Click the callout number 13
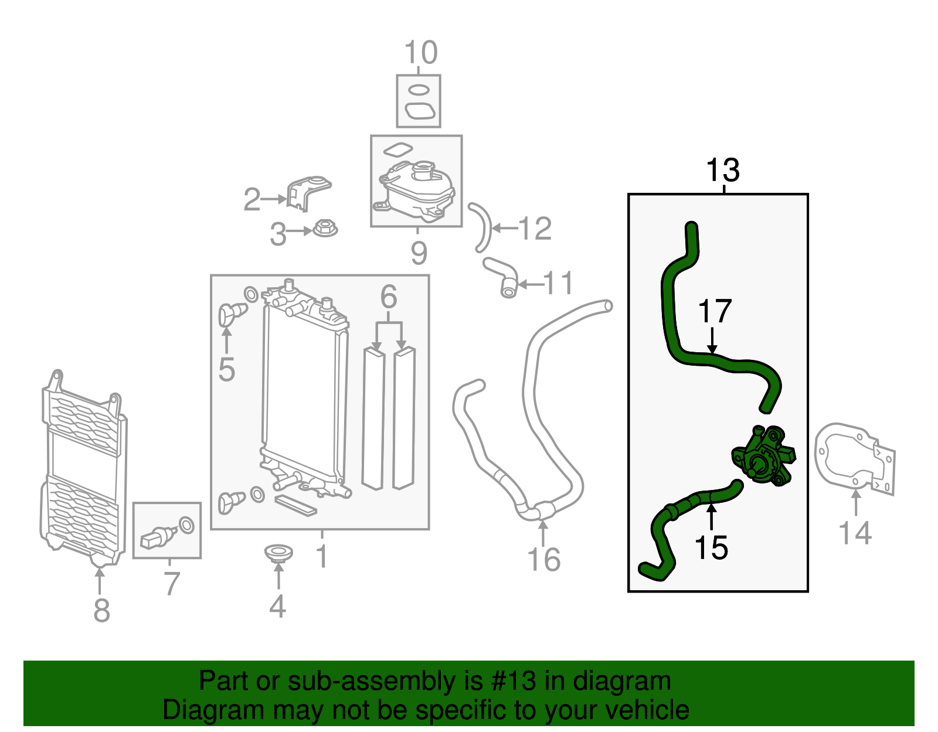pos(723,171)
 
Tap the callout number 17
pos(715,312)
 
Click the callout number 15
pos(711,548)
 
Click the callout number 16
pos(543,560)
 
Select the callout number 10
pos(421,53)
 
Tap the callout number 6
pos(389,297)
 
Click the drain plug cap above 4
pos(278,553)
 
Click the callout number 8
pos(101,610)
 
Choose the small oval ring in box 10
pos(418,90)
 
